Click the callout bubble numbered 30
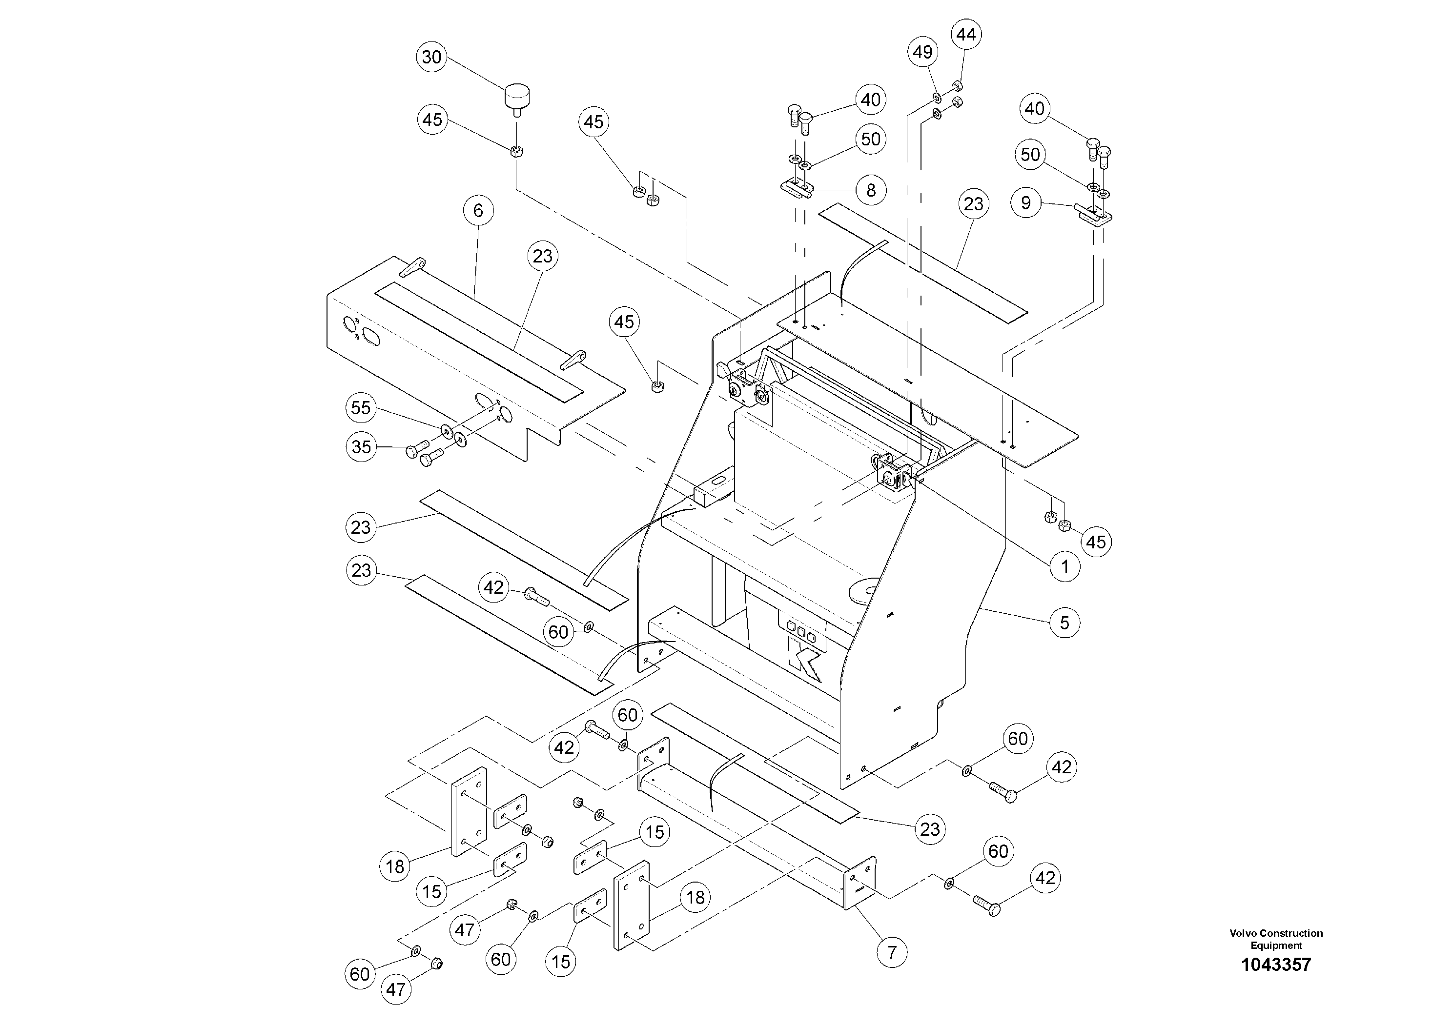[x=431, y=57]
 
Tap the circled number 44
[x=966, y=35]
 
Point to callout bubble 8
[x=871, y=190]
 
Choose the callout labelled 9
[x=1026, y=202]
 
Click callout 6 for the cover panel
[x=478, y=210]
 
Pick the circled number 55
[x=361, y=407]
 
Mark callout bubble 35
[x=361, y=446]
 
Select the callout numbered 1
[x=1065, y=566]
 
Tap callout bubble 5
[x=1065, y=623]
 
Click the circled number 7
[x=892, y=951]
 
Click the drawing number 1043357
[x=1276, y=965]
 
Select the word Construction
[x=1290, y=933]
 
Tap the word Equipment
[x=1276, y=945]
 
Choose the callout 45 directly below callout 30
[x=432, y=120]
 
